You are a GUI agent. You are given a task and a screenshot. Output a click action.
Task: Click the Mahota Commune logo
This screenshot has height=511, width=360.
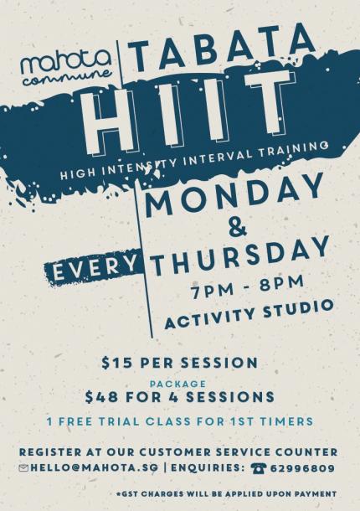coord(66,68)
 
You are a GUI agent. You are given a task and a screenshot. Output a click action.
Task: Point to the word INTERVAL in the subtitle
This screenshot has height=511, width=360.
coord(222,158)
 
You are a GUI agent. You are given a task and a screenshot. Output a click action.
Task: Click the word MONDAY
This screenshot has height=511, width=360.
coord(234,195)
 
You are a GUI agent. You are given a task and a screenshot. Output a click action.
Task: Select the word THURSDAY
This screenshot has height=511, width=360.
coord(240,255)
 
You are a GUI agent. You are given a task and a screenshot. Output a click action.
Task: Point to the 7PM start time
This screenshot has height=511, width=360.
coord(212,290)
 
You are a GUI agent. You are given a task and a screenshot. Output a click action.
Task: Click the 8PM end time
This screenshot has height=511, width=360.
coord(281,283)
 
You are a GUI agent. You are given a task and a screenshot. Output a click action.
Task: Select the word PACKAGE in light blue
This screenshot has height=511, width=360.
coord(177,384)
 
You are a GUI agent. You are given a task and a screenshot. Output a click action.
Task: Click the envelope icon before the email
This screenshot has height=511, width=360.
coord(23,468)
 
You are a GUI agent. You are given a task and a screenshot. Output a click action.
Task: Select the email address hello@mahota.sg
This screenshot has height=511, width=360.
coord(94,468)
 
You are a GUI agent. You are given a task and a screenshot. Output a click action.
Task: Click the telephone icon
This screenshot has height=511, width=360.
coord(259,468)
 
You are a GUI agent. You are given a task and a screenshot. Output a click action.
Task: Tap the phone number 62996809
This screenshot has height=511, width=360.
coord(303,468)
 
